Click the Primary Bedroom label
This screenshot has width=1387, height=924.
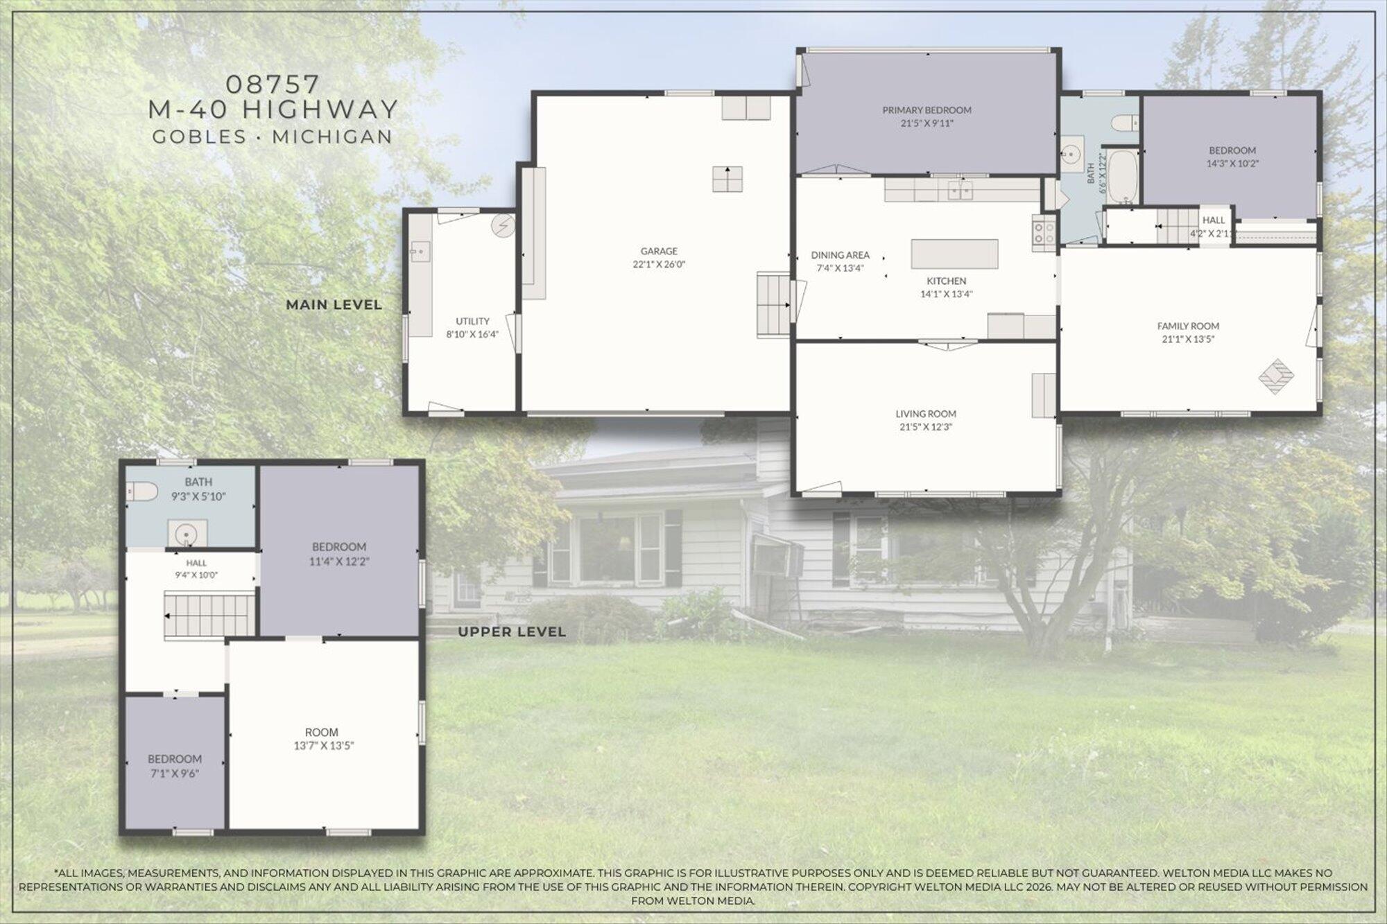927,110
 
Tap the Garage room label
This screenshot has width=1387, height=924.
659,251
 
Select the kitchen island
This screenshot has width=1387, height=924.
955,254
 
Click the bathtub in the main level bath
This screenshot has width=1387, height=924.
1121,177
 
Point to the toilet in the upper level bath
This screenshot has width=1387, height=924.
142,491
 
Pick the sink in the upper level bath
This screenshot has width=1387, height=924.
187,534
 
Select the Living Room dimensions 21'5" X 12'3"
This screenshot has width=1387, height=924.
926,427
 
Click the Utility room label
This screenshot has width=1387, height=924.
472,321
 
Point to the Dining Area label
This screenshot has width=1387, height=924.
840,255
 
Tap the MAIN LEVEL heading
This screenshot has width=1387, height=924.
334,304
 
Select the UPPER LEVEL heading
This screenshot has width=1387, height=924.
512,631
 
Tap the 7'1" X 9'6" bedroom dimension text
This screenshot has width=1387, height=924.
175,774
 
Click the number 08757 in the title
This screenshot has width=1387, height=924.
273,85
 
